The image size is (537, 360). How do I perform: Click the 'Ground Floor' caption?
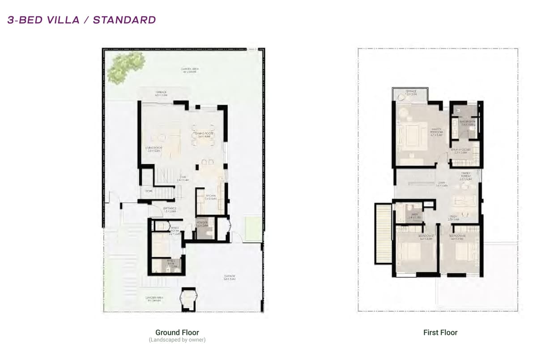pyautogui.click(x=177, y=332)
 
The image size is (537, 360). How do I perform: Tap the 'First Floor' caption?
pyautogui.click(x=440, y=332)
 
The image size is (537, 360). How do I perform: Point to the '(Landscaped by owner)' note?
pyautogui.click(x=177, y=340)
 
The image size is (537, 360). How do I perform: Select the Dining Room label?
pyautogui.click(x=204, y=135)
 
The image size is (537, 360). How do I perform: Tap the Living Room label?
pyautogui.click(x=154, y=149)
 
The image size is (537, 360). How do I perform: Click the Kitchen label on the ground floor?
pyautogui.click(x=211, y=197)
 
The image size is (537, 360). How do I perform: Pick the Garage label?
pyautogui.click(x=230, y=277)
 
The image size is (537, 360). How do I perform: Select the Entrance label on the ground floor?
pyautogui.click(x=170, y=210)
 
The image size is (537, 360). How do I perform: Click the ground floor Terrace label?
pyautogui.click(x=161, y=94)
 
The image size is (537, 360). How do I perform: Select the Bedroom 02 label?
pyautogui.click(x=458, y=236)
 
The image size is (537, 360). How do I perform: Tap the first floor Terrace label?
pyautogui.click(x=411, y=93)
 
